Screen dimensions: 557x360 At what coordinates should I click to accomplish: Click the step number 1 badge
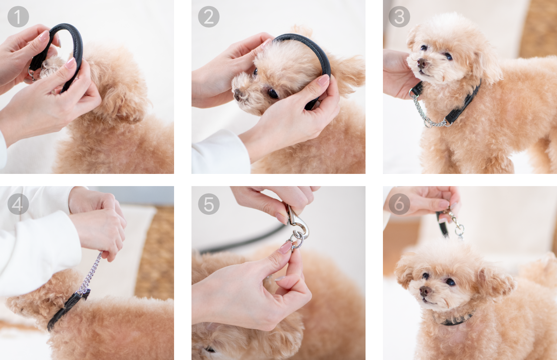point(18,17)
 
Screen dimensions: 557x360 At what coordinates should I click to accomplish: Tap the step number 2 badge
point(208,17)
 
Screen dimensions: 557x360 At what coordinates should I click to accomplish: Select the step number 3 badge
point(399,17)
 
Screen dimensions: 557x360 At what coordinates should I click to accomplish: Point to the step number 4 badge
point(18,204)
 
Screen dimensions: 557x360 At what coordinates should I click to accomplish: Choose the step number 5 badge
point(208,204)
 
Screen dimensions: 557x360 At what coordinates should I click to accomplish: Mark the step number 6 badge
point(399,204)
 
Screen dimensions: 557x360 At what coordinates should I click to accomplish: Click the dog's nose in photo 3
point(422,63)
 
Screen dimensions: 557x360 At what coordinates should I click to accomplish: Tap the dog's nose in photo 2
point(238,94)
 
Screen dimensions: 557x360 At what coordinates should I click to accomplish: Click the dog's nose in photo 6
point(425,291)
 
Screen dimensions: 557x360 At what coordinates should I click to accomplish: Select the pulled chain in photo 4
point(91,272)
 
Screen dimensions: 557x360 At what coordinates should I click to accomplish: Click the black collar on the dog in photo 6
point(456,320)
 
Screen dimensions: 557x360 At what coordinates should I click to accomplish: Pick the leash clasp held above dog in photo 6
point(456,223)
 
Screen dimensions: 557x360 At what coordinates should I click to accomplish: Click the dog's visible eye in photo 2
point(273,93)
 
